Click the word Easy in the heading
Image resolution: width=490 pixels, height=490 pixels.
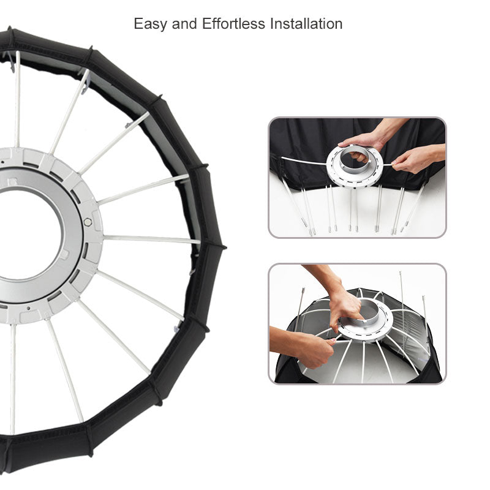(149, 24)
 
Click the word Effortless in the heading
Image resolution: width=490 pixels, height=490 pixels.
(233, 24)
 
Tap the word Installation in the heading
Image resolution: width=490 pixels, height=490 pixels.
(306, 24)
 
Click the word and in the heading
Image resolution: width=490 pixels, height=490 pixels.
(184, 24)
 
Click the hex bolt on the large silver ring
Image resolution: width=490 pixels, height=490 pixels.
(88, 222)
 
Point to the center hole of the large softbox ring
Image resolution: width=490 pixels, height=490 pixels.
(28, 235)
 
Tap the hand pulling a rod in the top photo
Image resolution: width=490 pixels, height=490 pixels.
(416, 159)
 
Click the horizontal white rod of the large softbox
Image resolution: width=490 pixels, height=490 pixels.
(152, 239)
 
